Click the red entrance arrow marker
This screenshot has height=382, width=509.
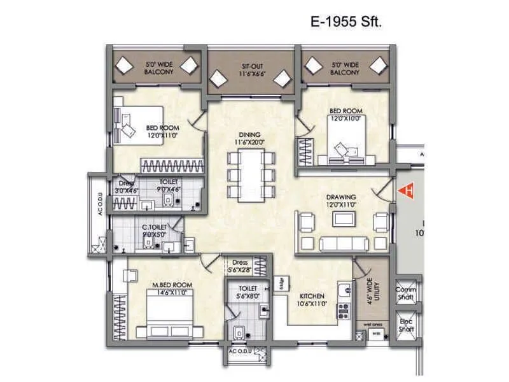pos(403,189)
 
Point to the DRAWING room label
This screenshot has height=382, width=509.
pos(342,201)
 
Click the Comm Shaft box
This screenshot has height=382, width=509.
pos(406,293)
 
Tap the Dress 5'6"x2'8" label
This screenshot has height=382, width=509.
pos(241,265)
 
